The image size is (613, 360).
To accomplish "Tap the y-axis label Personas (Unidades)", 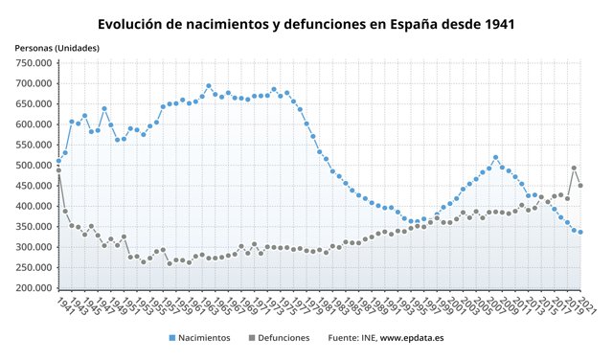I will pyautogui.click(x=58, y=48).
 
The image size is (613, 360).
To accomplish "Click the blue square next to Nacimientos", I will pyautogui.click(x=170, y=338).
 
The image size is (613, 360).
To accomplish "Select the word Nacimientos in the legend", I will pyautogui.click(x=204, y=338).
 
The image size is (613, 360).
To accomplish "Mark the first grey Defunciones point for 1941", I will pyautogui.click(x=58, y=170).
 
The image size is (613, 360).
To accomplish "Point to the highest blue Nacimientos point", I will pyautogui.click(x=209, y=86).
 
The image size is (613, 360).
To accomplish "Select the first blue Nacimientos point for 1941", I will pyautogui.click(x=58, y=161).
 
